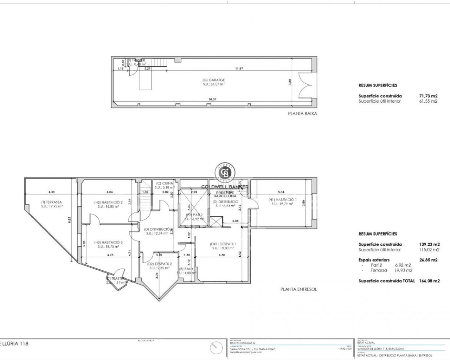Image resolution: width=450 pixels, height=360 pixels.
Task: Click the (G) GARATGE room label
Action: (x=214, y=80)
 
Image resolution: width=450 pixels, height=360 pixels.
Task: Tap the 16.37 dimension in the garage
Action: (x=212, y=99)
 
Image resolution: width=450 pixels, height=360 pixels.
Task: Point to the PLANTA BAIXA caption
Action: (x=300, y=114)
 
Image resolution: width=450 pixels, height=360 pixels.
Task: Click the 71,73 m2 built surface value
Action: (x=429, y=96)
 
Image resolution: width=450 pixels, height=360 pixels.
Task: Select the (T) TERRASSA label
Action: (x=51, y=202)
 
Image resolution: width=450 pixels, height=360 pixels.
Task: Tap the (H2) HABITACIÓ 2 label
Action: (x=108, y=202)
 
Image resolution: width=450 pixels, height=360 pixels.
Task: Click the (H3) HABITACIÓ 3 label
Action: (x=108, y=242)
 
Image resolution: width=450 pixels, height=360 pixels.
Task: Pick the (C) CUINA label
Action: (x=164, y=183)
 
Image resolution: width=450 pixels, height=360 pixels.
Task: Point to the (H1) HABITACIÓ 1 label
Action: (x=282, y=200)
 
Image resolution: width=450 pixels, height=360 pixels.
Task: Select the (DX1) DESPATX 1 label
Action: (x=223, y=244)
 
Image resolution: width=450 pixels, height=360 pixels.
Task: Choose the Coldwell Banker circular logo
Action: (x=225, y=173)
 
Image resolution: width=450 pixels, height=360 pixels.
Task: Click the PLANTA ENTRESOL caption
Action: (x=298, y=289)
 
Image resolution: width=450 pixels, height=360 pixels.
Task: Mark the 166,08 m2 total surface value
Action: (x=429, y=281)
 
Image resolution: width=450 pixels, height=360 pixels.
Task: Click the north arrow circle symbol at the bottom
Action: (x=217, y=348)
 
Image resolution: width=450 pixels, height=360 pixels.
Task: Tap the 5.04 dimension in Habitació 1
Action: (x=281, y=192)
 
